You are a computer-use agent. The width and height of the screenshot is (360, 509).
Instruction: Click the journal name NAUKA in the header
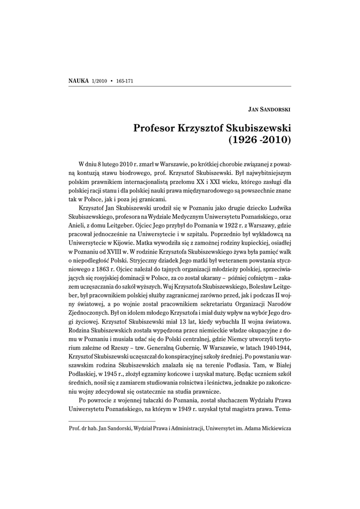[x=79, y=81]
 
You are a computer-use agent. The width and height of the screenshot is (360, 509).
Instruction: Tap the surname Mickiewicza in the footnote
[x=271, y=428]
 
